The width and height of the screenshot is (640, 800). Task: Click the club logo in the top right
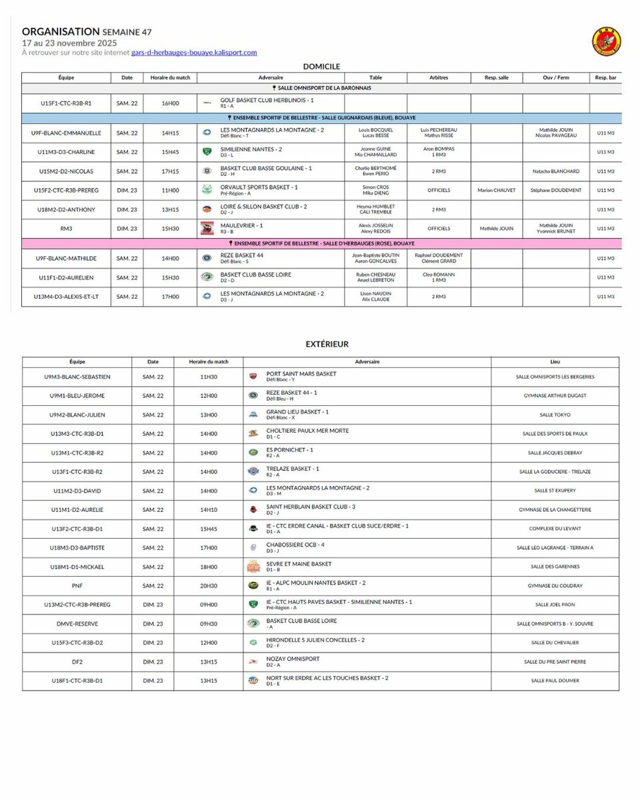pyautogui.click(x=606, y=41)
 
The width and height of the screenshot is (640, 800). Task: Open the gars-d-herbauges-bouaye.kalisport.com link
pyautogui.click(x=194, y=53)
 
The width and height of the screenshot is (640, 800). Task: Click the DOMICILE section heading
pyautogui.click(x=321, y=67)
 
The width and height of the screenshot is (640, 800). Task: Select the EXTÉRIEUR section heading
pyautogui.click(x=327, y=344)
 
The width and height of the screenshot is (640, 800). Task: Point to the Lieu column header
pyautogui.click(x=555, y=362)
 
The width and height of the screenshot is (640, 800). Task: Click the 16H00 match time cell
pyautogui.click(x=170, y=103)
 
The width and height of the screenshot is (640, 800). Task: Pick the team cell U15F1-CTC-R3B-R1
pyautogui.click(x=66, y=103)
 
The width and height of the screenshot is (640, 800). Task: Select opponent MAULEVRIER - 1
pyautogui.click(x=242, y=225)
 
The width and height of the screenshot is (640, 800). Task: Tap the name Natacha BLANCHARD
pyautogui.click(x=555, y=171)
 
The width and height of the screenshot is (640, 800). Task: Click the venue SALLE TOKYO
pyautogui.click(x=555, y=415)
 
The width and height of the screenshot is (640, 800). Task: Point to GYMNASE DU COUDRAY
pyautogui.click(x=555, y=586)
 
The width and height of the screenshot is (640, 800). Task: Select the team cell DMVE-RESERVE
pyautogui.click(x=77, y=624)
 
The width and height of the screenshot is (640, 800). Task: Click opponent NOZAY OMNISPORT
pyautogui.click(x=293, y=659)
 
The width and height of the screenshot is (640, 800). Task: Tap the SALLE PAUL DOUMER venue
pyautogui.click(x=555, y=681)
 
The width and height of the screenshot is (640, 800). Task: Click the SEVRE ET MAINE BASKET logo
pyautogui.click(x=253, y=567)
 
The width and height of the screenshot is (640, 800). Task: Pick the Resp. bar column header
pyautogui.click(x=605, y=77)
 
